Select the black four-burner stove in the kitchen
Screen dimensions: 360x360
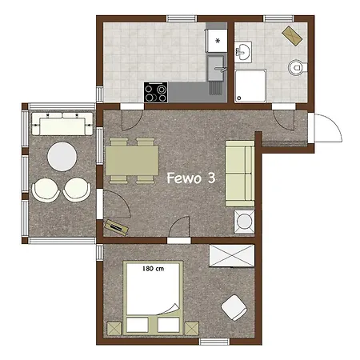pos(155,92)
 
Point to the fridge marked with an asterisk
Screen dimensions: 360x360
pos(217,40)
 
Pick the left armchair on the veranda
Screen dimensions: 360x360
pos(46,189)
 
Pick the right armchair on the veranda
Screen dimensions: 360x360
pos(77,189)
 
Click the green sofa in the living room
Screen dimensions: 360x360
pos(240,172)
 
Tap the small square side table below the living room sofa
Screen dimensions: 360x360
pos(242,220)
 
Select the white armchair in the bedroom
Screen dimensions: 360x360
pos(234,306)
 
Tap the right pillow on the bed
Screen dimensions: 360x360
pos(168,325)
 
